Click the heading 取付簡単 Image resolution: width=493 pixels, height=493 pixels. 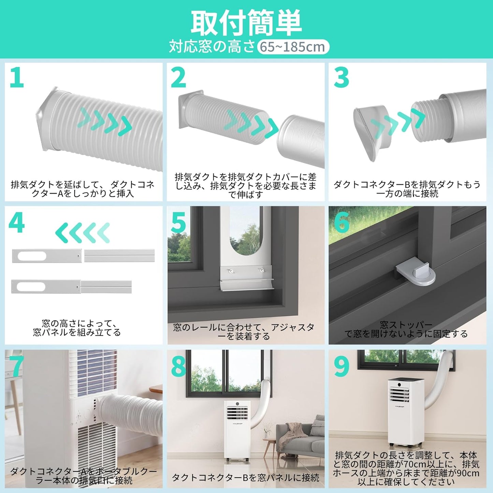(246, 23)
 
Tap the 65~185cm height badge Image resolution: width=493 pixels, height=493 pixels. (293, 47)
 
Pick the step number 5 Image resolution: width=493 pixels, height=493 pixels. (178, 222)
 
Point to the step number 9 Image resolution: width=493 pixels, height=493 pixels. (342, 365)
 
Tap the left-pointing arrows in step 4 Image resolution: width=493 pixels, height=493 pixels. (83, 233)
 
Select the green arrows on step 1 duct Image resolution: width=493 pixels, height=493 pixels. (105, 121)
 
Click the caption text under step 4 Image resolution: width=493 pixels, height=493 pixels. (77, 328)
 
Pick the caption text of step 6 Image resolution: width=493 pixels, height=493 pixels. (406, 329)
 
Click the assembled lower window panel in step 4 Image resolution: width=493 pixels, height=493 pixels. (71, 287)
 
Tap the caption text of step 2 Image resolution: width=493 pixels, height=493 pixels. (246, 186)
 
